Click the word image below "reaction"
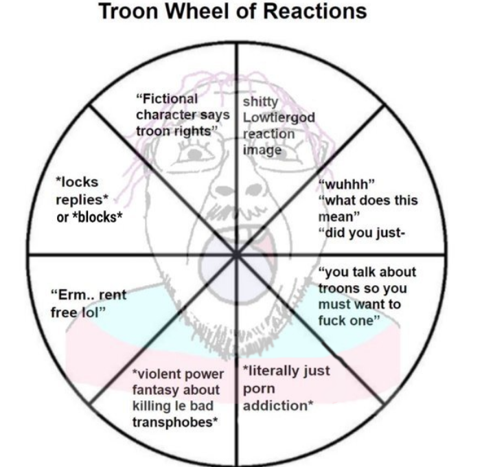[x=262, y=149]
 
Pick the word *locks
[x=77, y=182]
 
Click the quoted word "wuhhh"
[x=346, y=185]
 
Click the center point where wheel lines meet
[x=236, y=255]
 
